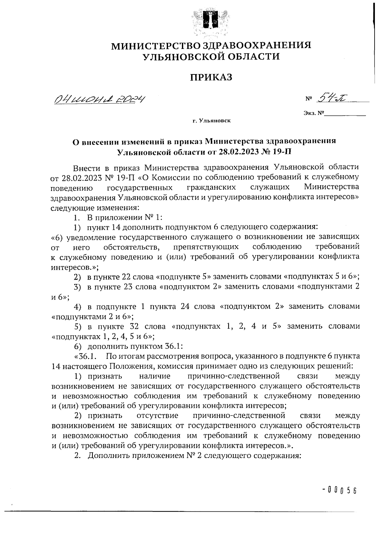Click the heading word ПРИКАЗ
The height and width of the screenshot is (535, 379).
[211, 77]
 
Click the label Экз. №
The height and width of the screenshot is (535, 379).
[314, 112]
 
